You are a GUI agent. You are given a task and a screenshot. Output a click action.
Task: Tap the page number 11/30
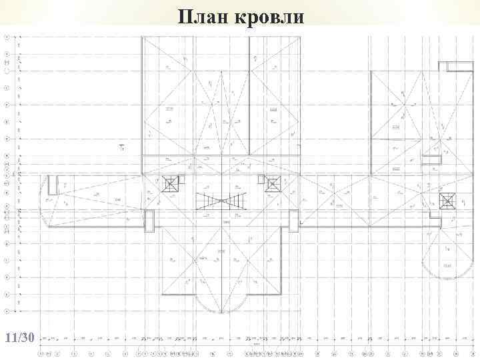(19, 337)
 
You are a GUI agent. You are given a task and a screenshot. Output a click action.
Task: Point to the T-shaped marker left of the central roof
(122, 147)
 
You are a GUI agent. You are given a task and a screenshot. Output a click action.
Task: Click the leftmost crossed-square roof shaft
(171, 184)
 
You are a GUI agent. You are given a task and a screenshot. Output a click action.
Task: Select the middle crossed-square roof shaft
(272, 183)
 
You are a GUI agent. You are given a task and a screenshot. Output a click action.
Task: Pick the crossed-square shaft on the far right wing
(446, 201)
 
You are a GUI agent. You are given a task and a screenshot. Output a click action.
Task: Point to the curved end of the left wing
(47, 201)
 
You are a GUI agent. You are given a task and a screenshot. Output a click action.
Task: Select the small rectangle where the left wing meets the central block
(149, 221)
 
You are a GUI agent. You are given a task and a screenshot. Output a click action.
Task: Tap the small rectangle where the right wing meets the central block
(293, 219)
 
